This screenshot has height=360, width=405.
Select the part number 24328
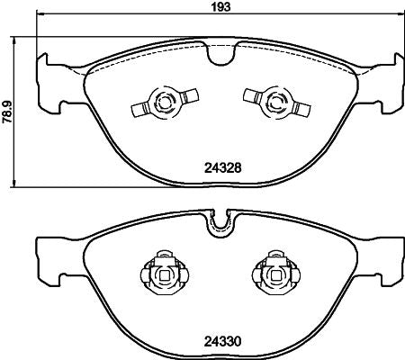(x=220, y=166)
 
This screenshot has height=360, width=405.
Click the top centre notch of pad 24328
(x=216, y=57)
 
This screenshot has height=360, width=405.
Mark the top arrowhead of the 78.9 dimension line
(x=20, y=40)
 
